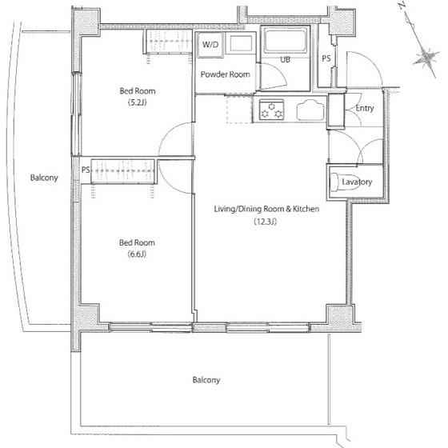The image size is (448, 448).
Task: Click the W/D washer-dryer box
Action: point(210,44)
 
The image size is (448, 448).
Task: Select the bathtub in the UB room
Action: point(285,40)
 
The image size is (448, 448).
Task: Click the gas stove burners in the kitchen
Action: point(271,110)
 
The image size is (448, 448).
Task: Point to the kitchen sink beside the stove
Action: point(310,110)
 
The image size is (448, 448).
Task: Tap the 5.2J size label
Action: point(138,102)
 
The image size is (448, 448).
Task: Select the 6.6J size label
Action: point(137,254)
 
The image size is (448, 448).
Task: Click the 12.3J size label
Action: point(266,222)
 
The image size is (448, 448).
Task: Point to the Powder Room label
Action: point(225,74)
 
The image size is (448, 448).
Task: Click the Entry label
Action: point(365,108)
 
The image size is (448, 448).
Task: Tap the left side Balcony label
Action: point(44,178)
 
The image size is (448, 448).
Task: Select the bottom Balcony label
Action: point(206,380)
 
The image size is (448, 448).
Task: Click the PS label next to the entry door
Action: point(326,58)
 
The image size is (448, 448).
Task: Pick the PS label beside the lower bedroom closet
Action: point(86,170)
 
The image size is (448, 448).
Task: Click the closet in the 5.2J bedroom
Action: point(169,42)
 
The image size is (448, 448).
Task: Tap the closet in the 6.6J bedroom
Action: point(123,171)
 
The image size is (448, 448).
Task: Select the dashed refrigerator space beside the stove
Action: point(239,110)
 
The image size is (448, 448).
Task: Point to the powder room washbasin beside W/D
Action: point(241,44)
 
